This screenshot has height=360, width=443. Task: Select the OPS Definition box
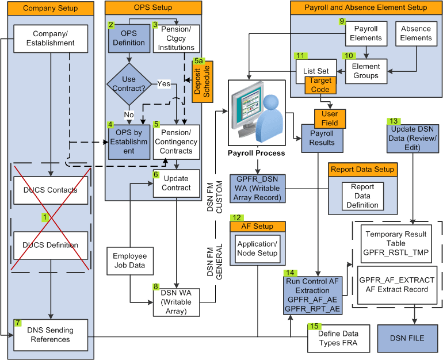point(129,39)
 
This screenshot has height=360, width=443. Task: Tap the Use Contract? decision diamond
point(129,84)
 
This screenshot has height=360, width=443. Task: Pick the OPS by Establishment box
point(129,141)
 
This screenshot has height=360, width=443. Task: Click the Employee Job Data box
point(129,261)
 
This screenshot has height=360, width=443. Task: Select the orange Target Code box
point(320,85)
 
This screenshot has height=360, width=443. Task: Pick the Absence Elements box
point(416,33)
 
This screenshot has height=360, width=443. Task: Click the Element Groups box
point(366,71)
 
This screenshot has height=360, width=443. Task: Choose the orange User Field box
point(330,118)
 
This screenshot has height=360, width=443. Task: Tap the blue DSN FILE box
point(408,338)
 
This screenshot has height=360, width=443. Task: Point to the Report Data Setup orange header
point(362,170)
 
